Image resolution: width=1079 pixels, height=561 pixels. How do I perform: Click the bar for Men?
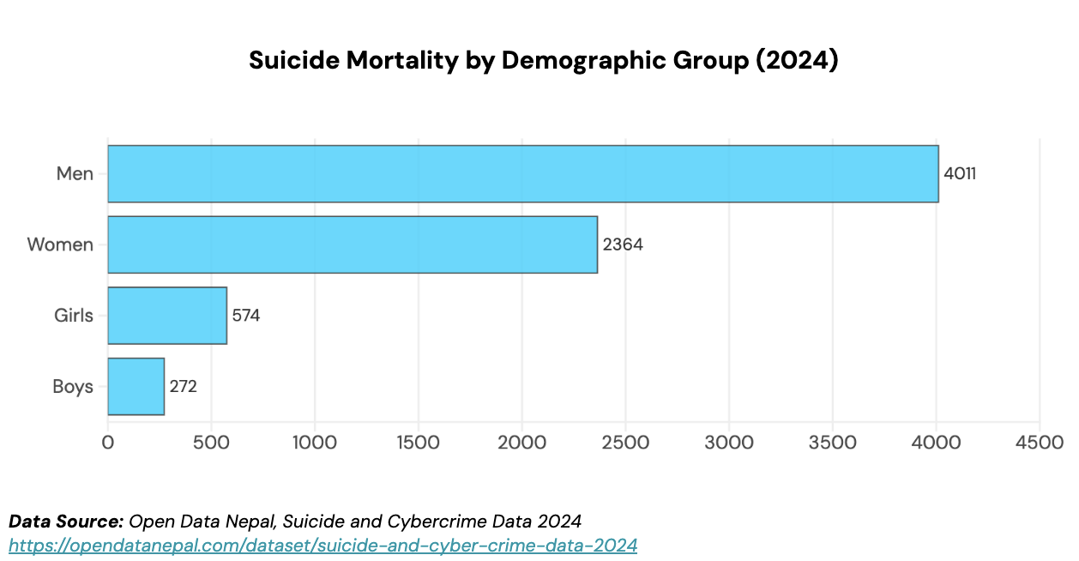coord(523,174)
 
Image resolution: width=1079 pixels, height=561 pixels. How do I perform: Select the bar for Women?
coord(353,244)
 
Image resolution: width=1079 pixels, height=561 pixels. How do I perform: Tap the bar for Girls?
coord(167,316)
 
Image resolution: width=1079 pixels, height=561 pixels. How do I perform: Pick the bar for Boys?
coord(136,387)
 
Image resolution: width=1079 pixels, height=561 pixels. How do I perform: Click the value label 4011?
coord(960,174)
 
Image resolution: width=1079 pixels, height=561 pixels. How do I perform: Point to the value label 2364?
coord(623,244)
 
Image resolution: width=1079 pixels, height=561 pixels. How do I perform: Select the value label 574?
coord(246,316)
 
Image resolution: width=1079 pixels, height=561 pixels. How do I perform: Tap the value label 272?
coord(184,387)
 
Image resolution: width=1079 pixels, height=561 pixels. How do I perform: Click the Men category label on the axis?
coord(75,174)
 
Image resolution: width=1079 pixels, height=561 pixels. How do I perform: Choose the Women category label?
coord(60,244)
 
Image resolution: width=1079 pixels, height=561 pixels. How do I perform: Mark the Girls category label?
coord(73,316)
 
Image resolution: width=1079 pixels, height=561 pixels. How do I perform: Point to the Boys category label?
coord(73,387)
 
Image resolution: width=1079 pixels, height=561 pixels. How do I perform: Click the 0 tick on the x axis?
coord(108,443)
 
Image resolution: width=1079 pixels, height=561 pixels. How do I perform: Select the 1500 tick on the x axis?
coord(418,443)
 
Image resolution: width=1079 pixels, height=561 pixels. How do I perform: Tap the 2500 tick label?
coord(625,443)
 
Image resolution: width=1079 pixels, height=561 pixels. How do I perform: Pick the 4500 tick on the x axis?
coord(1040,443)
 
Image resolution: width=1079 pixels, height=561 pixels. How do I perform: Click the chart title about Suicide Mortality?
coord(543,61)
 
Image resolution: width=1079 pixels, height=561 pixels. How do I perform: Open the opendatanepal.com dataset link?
coord(322,545)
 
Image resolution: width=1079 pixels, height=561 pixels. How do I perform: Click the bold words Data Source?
coord(66,521)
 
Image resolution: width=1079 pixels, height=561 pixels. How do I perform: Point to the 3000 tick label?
coord(729,443)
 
